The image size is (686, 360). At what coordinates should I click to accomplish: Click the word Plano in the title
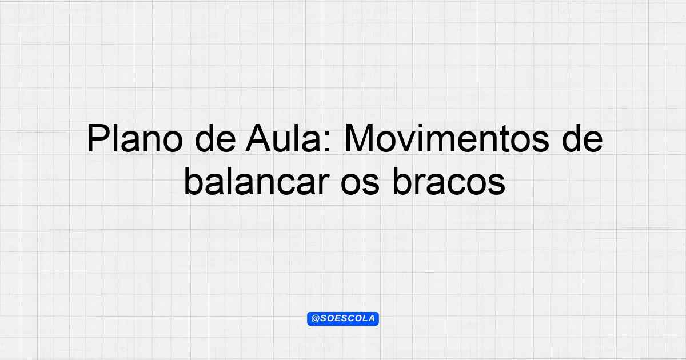point(135,138)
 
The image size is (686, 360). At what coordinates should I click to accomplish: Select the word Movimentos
point(447,138)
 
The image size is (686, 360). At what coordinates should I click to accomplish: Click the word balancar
point(257,182)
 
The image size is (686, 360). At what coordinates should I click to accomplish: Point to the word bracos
point(449,182)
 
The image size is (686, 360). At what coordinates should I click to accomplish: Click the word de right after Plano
point(216,138)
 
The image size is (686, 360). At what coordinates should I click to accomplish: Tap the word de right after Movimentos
point(583,138)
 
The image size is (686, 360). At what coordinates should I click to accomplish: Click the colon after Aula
point(328,142)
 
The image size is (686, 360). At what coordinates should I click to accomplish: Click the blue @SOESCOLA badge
point(343,319)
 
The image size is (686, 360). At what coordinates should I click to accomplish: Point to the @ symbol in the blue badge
point(315,319)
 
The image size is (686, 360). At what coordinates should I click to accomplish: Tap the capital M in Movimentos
point(358,138)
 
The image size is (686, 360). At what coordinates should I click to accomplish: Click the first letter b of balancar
point(194,182)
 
